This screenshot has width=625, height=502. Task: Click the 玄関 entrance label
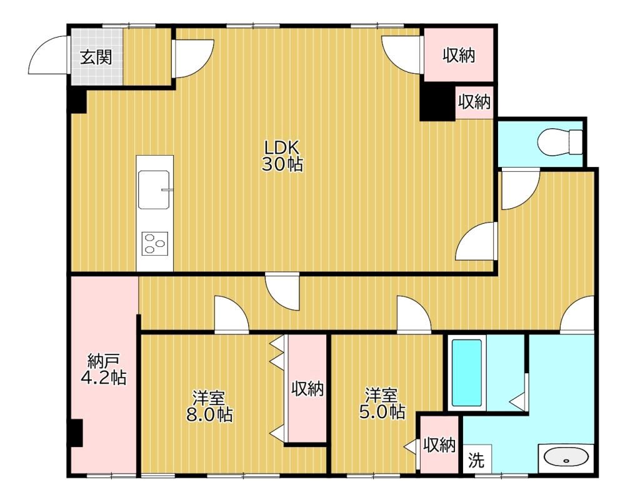pyautogui.click(x=96, y=58)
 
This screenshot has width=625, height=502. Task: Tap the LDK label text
pyautogui.click(x=282, y=148)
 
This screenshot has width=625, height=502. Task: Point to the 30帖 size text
pyautogui.click(x=282, y=164)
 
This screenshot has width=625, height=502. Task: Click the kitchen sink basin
pyautogui.click(x=154, y=189)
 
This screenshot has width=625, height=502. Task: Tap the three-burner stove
pyautogui.click(x=154, y=243)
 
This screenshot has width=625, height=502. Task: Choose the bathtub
pyautogui.click(x=466, y=373)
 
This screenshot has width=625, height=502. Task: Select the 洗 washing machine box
pyautogui.click(x=477, y=459)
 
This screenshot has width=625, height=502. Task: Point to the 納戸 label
pyautogui.click(x=103, y=361)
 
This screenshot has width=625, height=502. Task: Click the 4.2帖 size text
pyautogui.click(x=103, y=377)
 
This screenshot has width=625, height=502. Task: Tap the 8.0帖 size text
pyautogui.click(x=209, y=414)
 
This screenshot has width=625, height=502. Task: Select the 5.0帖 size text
pyautogui.click(x=382, y=412)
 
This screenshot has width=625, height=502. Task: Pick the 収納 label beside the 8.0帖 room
pyautogui.click(x=307, y=389)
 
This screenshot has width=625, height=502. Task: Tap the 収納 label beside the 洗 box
pyautogui.click(x=439, y=444)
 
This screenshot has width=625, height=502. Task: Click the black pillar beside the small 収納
pyautogui.click(x=437, y=102)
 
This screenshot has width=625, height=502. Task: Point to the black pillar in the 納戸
pyautogui.click(x=76, y=433)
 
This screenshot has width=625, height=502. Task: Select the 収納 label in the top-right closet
pyautogui.click(x=459, y=56)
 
